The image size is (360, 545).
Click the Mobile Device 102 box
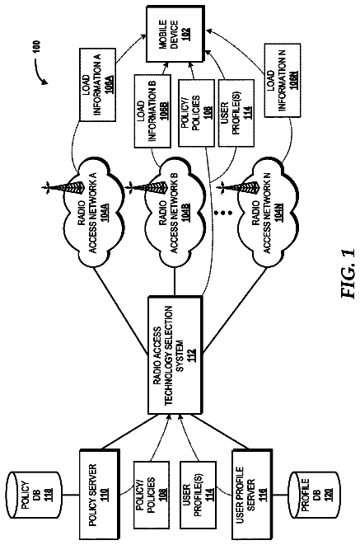(175, 33)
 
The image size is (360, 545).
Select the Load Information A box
(97, 84)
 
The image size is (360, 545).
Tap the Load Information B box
(152, 110)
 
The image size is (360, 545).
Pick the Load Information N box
(283, 80)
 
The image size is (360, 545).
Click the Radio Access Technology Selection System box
(175, 355)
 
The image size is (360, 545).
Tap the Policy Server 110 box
(100, 494)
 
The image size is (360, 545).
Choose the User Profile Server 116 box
(252, 494)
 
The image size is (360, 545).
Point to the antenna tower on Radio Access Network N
(240, 189)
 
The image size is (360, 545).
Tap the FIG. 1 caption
(348, 273)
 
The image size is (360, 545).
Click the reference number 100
(38, 47)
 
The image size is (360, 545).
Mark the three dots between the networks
(222, 212)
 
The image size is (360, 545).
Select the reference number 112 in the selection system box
(190, 355)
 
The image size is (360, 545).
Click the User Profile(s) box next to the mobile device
(236, 113)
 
